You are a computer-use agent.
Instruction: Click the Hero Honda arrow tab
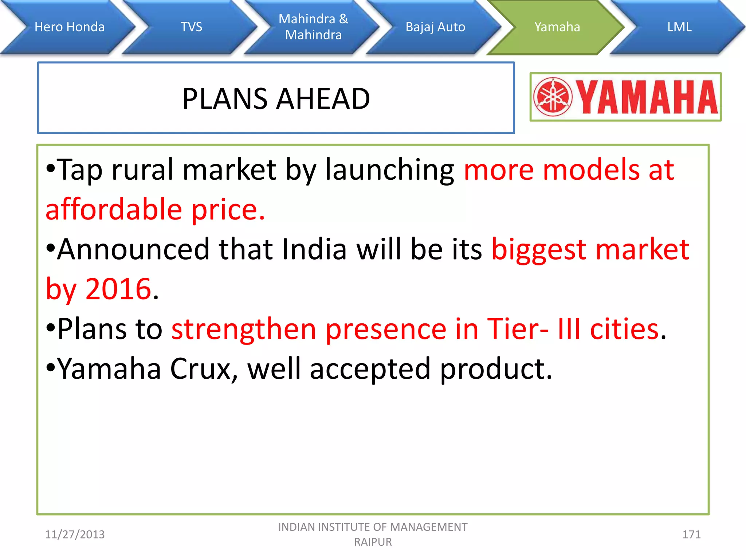[69, 27]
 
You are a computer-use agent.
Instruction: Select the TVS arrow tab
[192, 27]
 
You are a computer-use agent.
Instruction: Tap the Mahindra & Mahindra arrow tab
[313, 27]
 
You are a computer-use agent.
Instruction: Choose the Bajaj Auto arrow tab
[435, 27]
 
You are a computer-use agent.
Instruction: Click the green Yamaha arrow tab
[557, 27]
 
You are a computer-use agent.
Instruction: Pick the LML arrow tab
[679, 27]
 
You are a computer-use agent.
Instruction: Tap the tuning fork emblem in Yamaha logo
[553, 97]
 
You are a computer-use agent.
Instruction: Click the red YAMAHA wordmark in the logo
[647, 97]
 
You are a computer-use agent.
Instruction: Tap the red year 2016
[118, 289]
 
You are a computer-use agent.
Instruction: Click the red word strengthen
[243, 329]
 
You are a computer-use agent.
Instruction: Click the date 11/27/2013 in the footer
[75, 534]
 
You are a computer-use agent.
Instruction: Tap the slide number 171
[691, 534]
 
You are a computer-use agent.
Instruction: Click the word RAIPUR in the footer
[373, 542]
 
